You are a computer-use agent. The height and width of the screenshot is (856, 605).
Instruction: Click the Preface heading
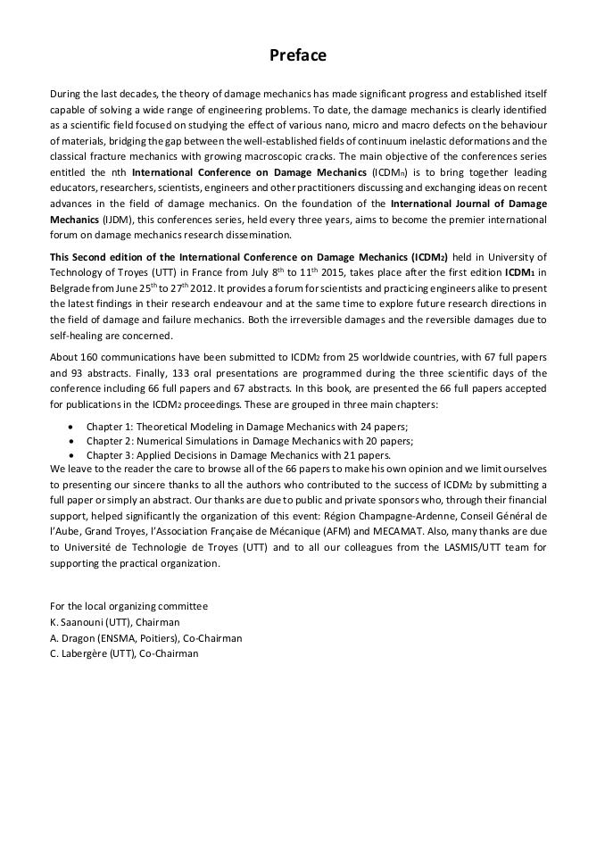pos(298,55)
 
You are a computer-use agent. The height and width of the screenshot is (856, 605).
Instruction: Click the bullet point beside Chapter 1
pos(71,427)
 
